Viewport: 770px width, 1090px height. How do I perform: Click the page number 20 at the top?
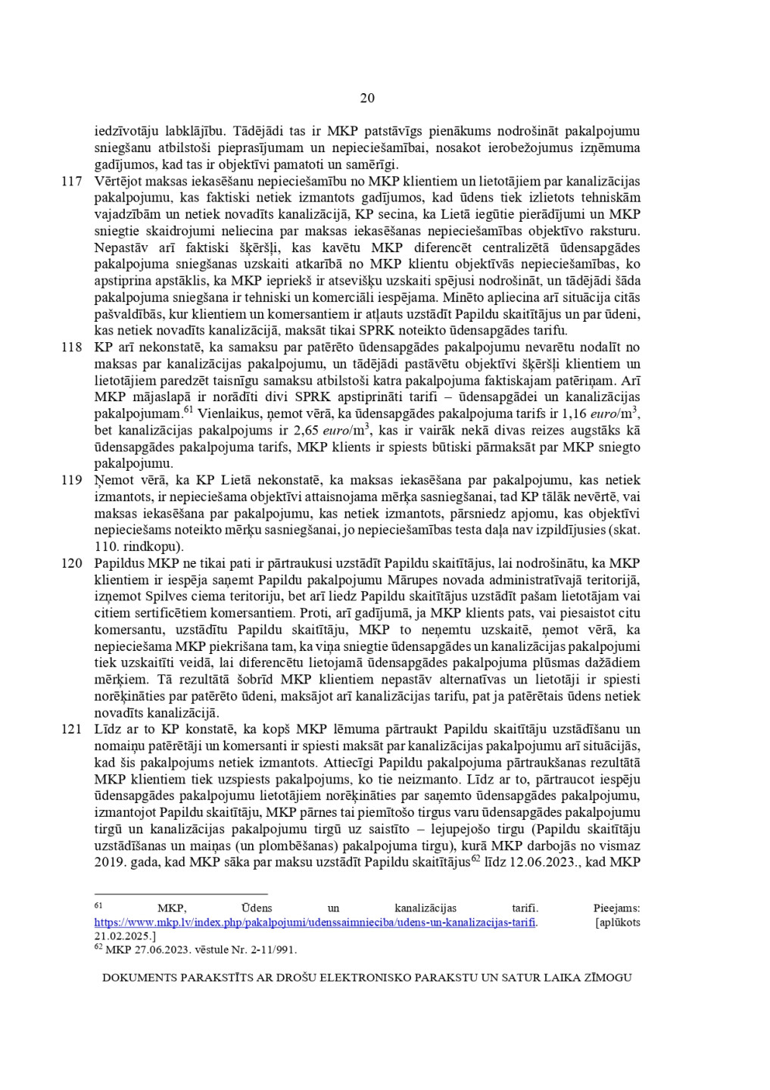[x=367, y=98]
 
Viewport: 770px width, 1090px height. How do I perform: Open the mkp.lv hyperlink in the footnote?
[x=315, y=923]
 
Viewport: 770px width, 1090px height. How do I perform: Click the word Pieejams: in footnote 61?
[x=616, y=908]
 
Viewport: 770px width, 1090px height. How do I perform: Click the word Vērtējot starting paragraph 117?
[x=118, y=182]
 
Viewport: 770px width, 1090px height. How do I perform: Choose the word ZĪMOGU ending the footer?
[x=606, y=978]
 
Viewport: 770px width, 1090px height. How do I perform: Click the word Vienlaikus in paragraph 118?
[x=231, y=414]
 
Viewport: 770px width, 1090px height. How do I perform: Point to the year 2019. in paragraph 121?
[x=111, y=863]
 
